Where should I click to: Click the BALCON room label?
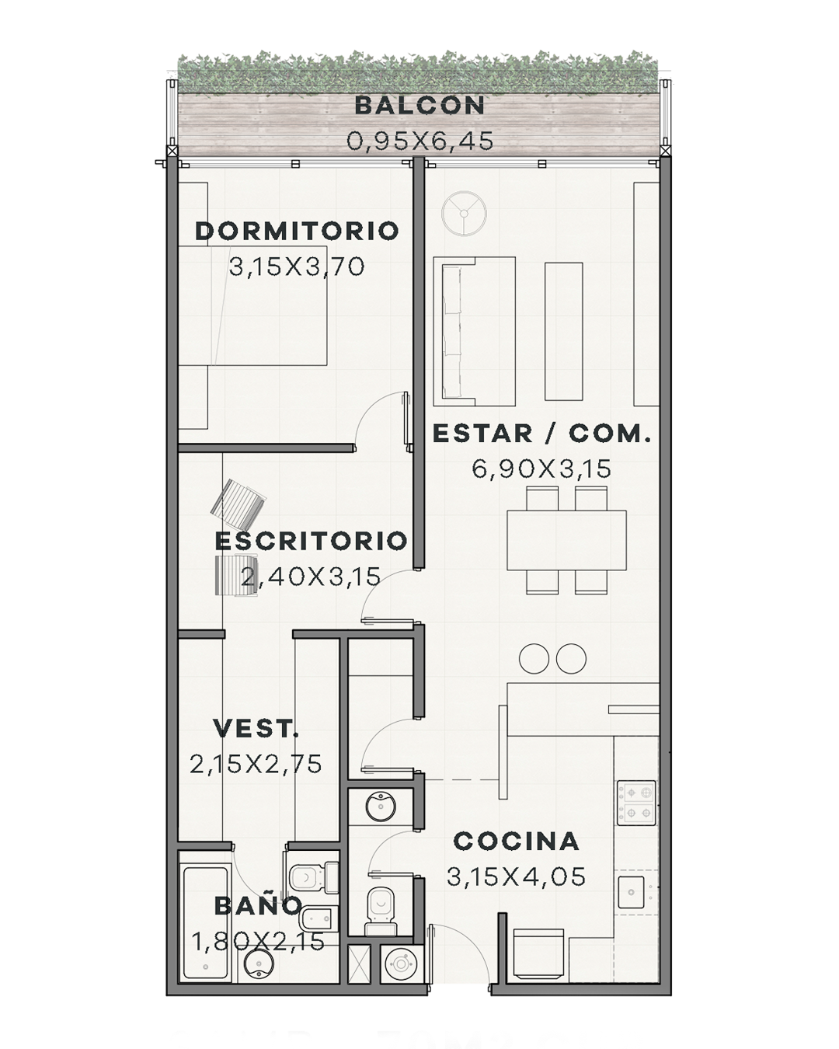pos(419,106)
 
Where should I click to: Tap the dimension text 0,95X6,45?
pos(419,141)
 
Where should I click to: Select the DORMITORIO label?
pos(297,231)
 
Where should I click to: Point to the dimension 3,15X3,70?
pos(297,267)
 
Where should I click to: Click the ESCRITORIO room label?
pos(311,541)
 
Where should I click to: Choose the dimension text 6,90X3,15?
pos(541,469)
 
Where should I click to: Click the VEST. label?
pos(256,728)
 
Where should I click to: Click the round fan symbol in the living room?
pos(464,214)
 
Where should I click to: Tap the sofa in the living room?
pos(475,332)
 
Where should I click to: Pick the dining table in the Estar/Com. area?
pos(566,540)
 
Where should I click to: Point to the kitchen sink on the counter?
pos(632,892)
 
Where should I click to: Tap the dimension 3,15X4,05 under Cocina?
pos(517,877)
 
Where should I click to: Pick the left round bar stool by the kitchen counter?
pos(534,659)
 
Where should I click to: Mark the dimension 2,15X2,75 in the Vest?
pos(256,765)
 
